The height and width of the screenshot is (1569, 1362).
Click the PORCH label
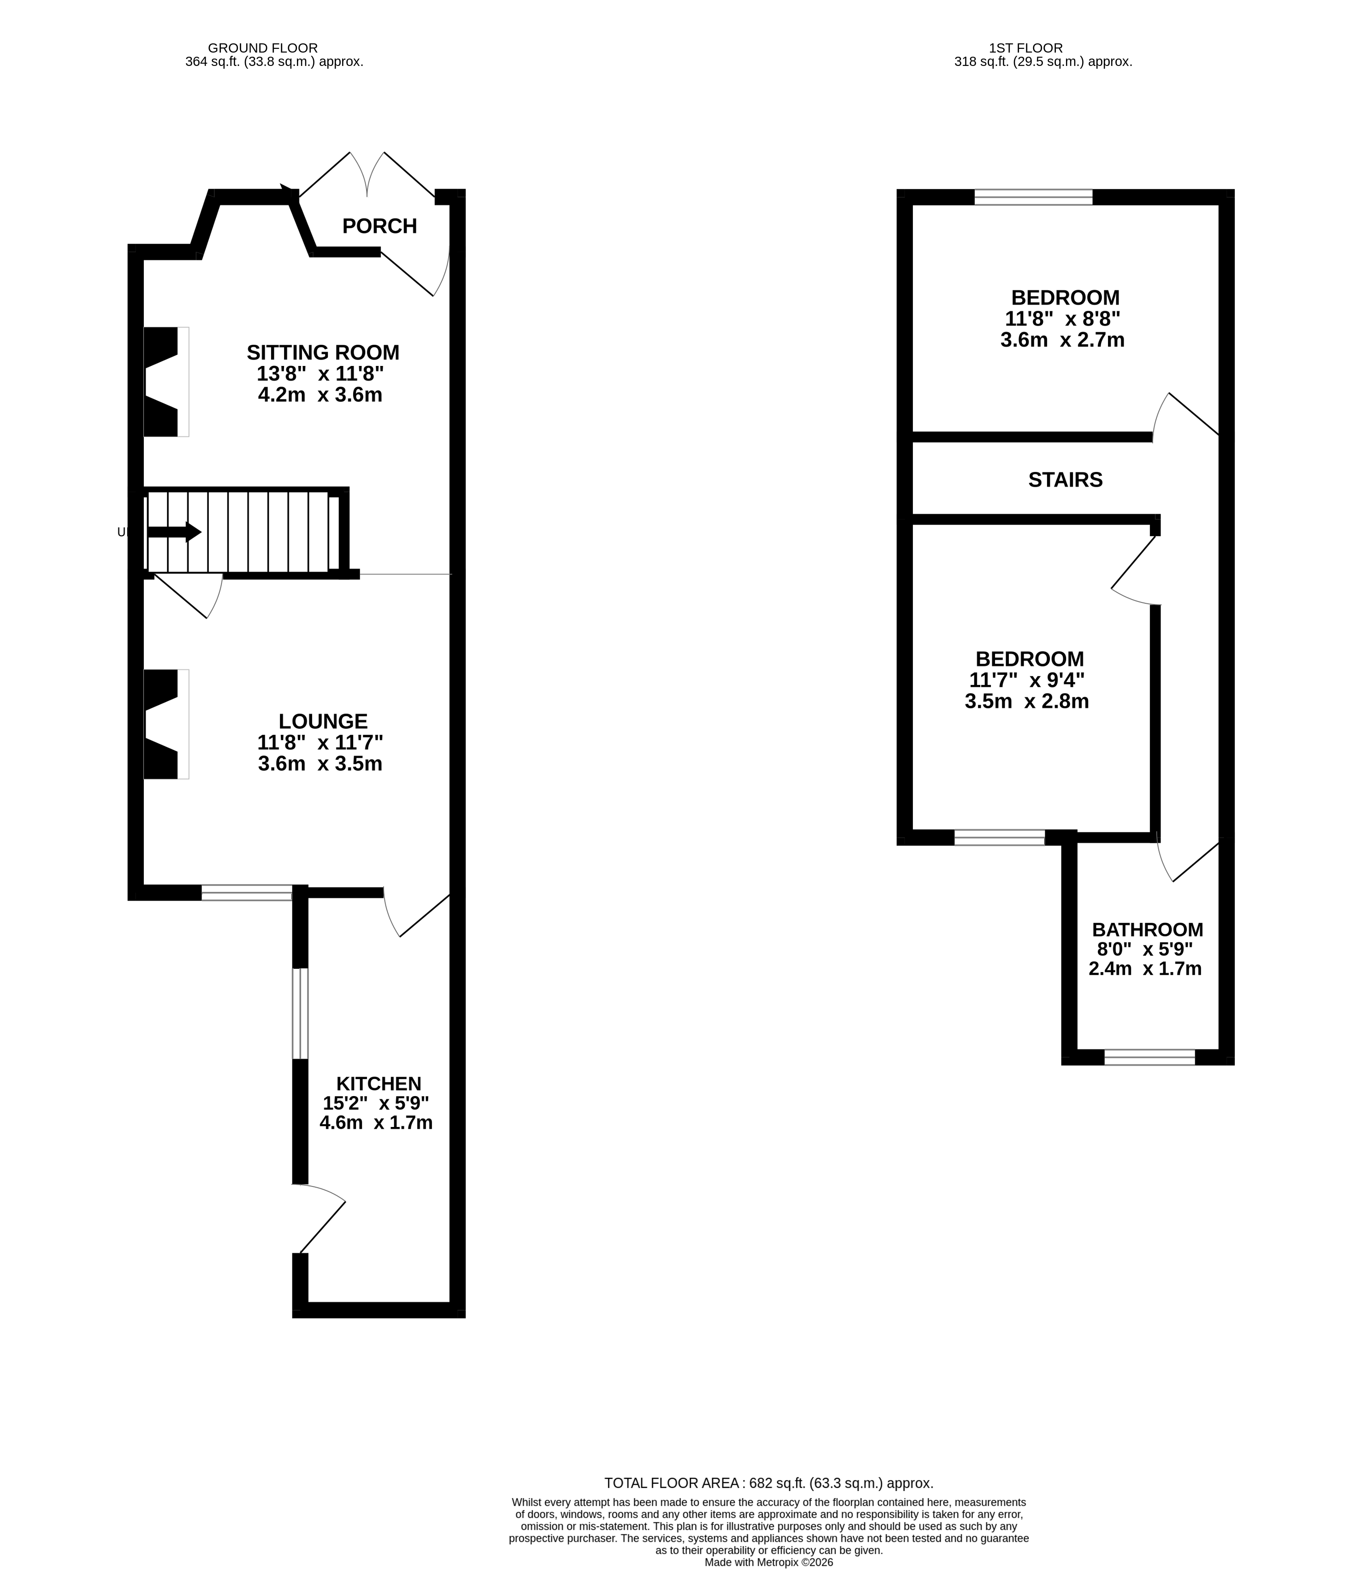[x=379, y=226]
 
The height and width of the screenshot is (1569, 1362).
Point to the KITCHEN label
[x=379, y=1084]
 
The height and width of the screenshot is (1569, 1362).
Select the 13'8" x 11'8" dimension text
[x=320, y=374]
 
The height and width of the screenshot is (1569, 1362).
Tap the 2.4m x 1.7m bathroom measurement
[x=1145, y=969]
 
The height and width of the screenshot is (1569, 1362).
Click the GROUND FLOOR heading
[x=262, y=48]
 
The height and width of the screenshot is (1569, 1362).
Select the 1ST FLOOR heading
[x=1025, y=48]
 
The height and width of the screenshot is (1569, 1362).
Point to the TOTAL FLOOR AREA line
[x=769, y=1482]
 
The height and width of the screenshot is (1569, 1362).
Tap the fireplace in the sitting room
[x=163, y=382]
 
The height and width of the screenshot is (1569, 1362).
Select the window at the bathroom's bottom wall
[x=1149, y=1057]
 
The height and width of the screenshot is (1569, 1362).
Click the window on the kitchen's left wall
[x=300, y=1013]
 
